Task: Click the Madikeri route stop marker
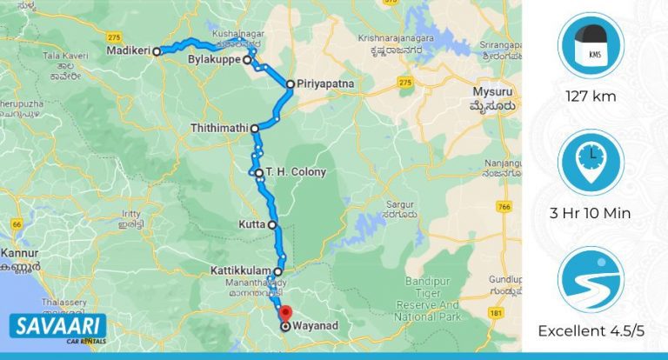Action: coord(157,52)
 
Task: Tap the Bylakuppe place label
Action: coord(214,61)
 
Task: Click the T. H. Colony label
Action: coord(296,172)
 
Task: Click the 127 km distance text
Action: coord(591,97)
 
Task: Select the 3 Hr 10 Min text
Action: coord(591,213)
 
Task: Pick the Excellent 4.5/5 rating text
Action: coord(591,330)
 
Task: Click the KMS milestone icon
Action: coord(591,45)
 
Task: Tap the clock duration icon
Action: coord(591,162)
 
